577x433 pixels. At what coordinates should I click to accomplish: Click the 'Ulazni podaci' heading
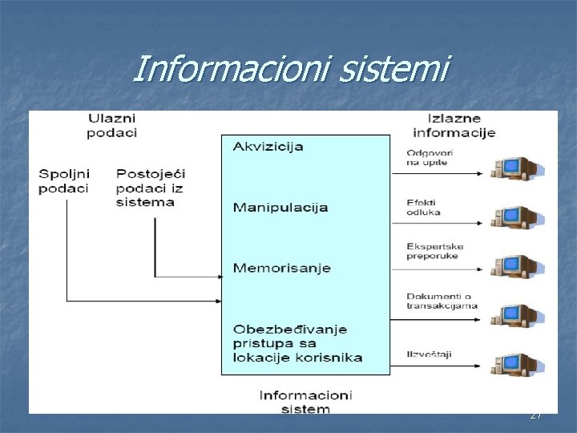point(112,126)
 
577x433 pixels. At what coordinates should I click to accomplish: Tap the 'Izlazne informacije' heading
point(454,126)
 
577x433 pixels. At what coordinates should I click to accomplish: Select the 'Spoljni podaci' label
point(64,181)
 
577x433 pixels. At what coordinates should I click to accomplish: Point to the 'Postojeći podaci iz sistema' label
point(150,188)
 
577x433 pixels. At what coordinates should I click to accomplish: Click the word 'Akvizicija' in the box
point(268,147)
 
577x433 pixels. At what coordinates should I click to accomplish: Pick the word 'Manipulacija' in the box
point(280,208)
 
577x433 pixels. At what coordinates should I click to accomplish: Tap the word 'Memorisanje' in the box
point(281,268)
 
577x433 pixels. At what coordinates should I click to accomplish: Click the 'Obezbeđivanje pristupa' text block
point(297,343)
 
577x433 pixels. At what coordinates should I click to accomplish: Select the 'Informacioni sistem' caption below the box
point(305,402)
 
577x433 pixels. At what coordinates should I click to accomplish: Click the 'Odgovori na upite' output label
point(427,158)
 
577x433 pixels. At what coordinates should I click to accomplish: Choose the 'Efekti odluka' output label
point(424,207)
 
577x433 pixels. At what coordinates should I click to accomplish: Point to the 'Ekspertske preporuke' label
point(434,252)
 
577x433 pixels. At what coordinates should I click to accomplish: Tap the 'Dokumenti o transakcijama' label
point(442,301)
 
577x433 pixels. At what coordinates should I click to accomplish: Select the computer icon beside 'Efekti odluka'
point(516,216)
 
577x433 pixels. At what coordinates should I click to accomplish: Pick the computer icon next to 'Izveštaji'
point(516,365)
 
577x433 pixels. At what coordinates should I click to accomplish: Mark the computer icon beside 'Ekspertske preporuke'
point(516,265)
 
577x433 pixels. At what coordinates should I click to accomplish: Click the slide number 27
point(535,415)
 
